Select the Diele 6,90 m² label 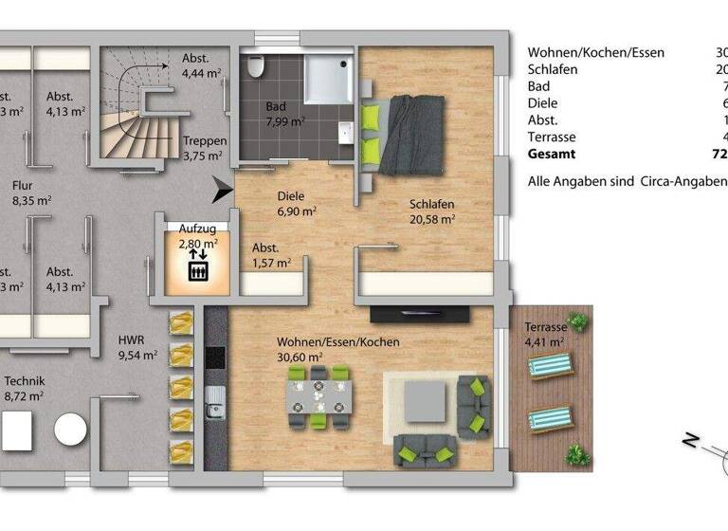click(x=297, y=204)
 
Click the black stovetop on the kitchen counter click(x=215, y=357)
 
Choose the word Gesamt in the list click(x=551, y=154)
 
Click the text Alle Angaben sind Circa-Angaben click(x=627, y=181)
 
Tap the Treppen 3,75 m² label click(x=204, y=149)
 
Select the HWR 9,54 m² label click(x=137, y=348)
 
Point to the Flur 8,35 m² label click(x=31, y=193)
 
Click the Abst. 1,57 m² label click(x=270, y=256)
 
